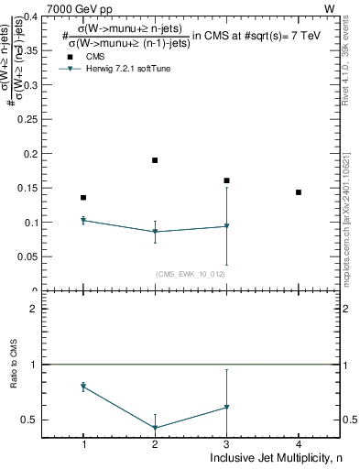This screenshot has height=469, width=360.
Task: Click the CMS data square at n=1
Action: coord(83,197)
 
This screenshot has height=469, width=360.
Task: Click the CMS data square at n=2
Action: coord(155,160)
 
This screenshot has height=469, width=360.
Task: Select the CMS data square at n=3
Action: coord(226,180)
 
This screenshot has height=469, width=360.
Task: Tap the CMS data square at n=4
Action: coord(299,192)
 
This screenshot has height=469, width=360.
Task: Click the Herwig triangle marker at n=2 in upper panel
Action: coord(155,232)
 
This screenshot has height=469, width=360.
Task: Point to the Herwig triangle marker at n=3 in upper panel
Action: coord(226,226)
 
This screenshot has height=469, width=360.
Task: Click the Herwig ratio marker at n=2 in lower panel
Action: coord(155,428)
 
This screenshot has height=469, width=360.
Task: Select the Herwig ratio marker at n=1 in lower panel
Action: coord(83,387)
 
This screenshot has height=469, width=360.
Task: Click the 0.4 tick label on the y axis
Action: coord(28,16)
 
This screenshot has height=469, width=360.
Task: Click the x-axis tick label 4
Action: coord(299,444)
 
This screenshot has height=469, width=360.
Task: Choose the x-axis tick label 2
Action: coord(155,444)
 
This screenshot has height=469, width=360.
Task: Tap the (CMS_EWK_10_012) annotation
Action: coord(191,274)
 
